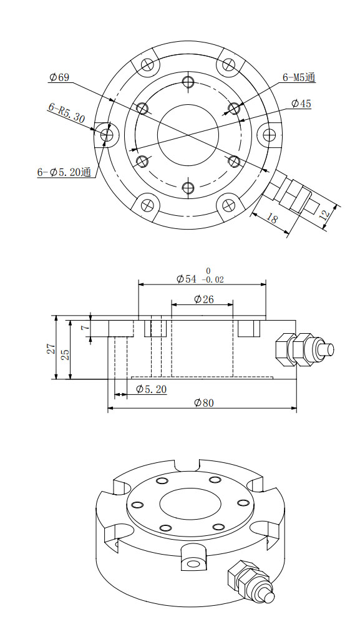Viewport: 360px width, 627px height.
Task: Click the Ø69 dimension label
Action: (59, 77)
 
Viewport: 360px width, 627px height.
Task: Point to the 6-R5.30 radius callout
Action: (66, 112)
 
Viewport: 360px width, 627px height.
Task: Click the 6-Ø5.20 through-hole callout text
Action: (65, 172)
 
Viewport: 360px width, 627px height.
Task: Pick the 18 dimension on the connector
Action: (272, 219)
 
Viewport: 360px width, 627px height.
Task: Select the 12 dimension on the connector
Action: (323, 213)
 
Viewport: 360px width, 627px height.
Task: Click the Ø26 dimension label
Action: (203, 299)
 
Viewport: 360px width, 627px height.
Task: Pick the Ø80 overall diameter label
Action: (203, 403)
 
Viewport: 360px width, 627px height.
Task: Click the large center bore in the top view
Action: (188, 134)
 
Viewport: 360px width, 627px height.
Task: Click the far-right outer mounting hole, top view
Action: (270, 134)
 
